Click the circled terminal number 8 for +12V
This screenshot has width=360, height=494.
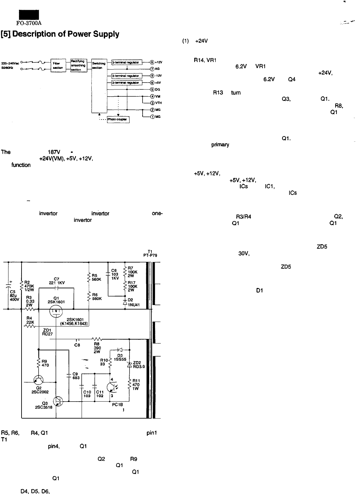click(152, 62)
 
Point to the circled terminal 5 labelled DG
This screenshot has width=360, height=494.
click(152, 89)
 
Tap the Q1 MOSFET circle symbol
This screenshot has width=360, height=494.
click(56, 311)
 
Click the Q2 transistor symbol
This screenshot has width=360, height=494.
click(39, 380)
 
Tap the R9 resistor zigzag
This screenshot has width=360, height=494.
click(39, 363)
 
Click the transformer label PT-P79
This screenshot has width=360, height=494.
click(150, 256)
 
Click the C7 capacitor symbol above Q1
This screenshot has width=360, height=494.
click(56, 289)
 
